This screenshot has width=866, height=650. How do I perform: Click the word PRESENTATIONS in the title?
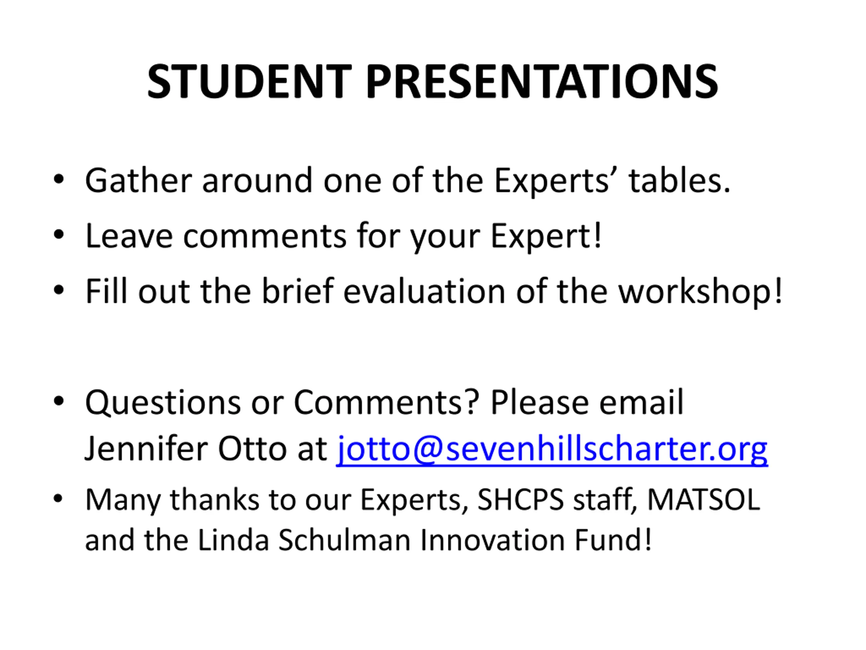(x=542, y=82)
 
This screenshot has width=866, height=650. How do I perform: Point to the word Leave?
(x=129, y=236)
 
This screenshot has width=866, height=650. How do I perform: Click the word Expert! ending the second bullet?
(x=546, y=236)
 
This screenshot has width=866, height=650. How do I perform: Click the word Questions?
(x=163, y=403)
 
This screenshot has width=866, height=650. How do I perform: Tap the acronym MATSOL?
(x=704, y=500)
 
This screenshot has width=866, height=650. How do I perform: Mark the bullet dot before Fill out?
(x=59, y=291)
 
